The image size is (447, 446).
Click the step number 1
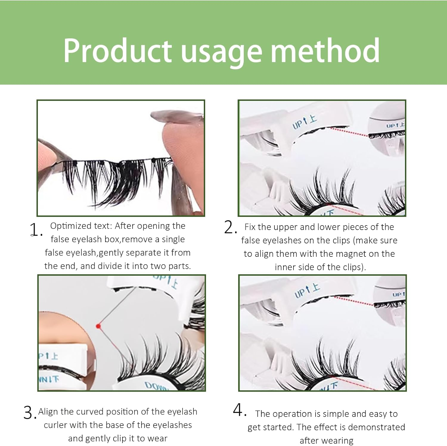tap(35, 230)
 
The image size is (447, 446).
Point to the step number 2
tap(230, 228)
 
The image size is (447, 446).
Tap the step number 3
tap(29, 413)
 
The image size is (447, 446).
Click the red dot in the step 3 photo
tap(98, 326)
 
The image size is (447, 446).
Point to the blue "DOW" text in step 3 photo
tap(155, 386)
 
